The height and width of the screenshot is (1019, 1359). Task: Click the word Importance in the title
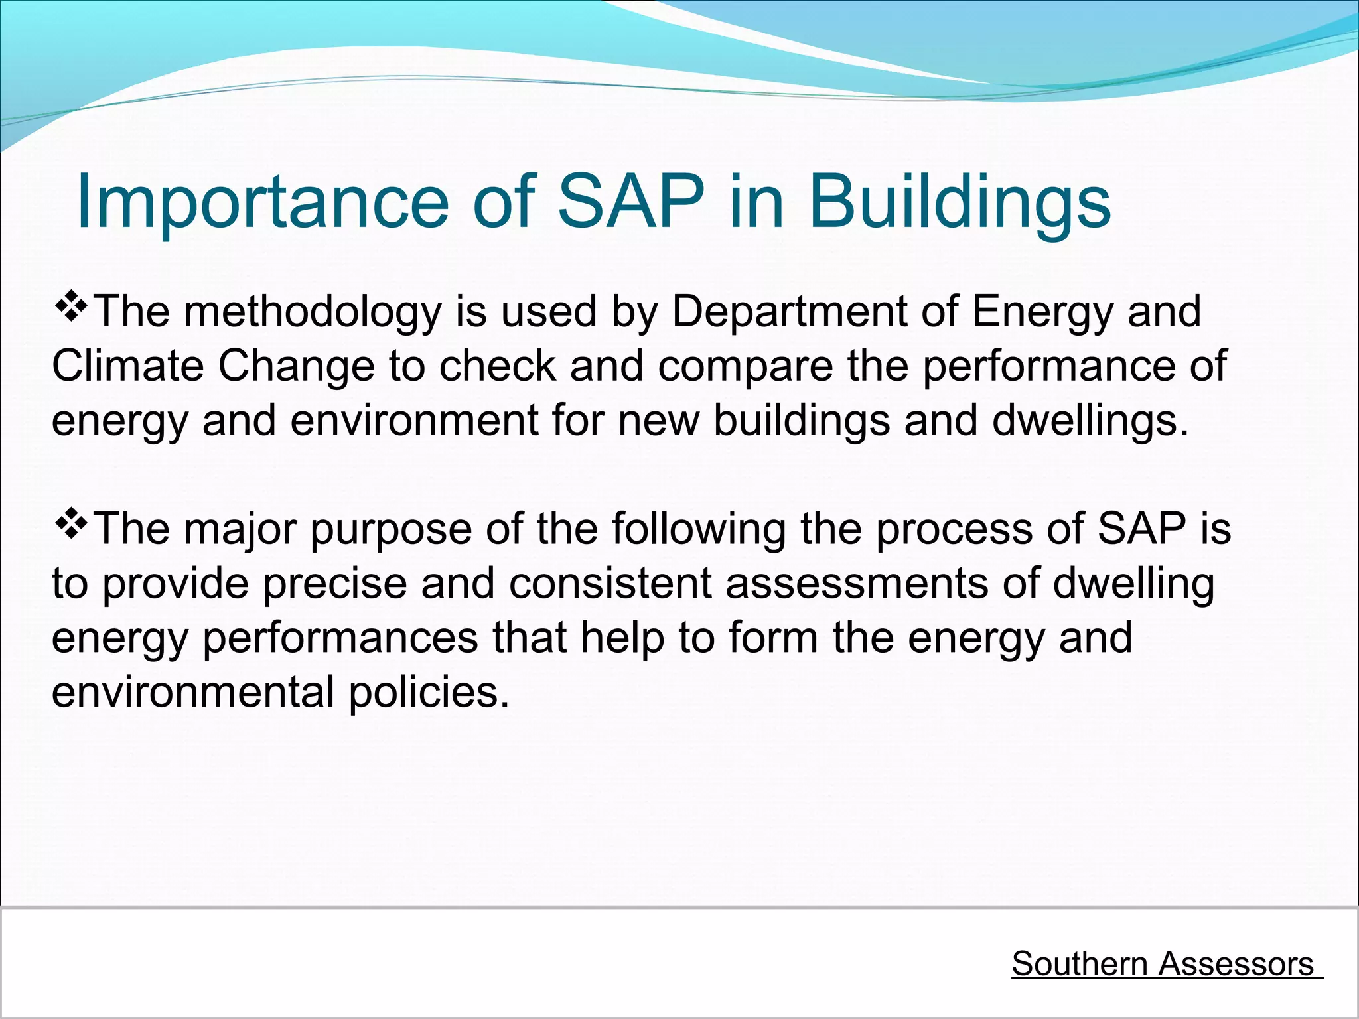263,202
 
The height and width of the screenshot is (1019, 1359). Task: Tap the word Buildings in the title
959,202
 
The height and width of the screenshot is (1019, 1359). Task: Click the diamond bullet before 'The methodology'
71,306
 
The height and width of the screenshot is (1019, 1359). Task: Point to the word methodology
312,312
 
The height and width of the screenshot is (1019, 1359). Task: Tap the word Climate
127,366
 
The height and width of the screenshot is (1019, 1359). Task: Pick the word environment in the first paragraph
414,421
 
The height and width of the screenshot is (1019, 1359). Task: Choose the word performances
340,638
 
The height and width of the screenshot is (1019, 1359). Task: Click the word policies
428,692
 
